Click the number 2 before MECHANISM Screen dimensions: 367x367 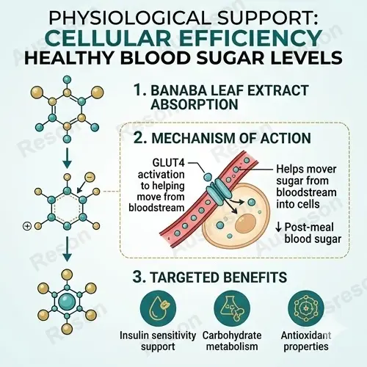[140, 138]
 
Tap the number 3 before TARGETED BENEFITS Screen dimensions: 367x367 [139, 277]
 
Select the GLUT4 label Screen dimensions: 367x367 [169, 163]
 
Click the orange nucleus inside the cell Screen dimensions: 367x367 [246, 224]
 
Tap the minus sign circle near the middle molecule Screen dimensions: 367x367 [90, 178]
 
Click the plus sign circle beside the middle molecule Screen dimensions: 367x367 [27, 226]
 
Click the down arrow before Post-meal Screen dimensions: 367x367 [278, 228]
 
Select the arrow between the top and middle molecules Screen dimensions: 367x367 [67, 159]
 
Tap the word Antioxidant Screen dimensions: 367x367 [306, 335]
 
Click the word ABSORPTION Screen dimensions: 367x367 [195, 104]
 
